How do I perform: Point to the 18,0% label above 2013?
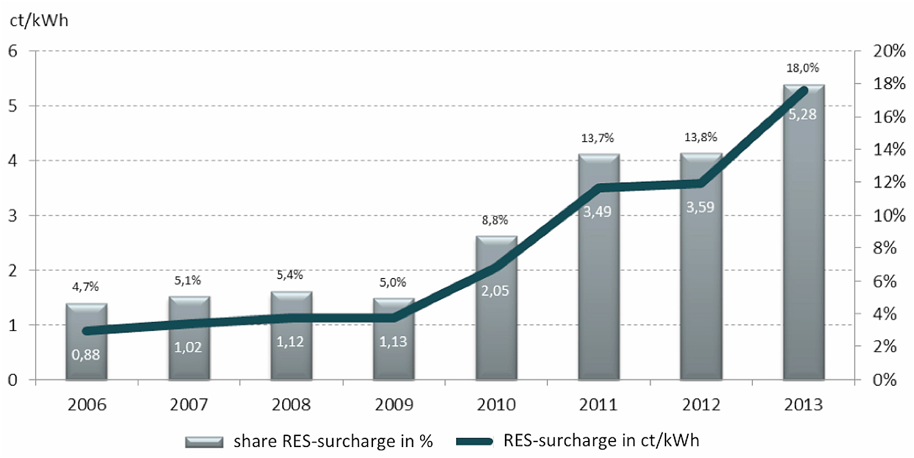click(802, 68)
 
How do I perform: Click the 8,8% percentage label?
click(494, 220)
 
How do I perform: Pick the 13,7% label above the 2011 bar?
click(597, 138)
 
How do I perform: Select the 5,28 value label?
click(802, 114)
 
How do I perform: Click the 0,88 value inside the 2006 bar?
click(86, 355)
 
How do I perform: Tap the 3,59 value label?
click(700, 207)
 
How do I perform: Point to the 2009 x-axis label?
click(394, 405)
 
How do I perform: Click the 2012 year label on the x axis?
click(701, 405)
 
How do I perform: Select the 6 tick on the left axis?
click(13, 51)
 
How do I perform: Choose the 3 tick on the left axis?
click(13, 216)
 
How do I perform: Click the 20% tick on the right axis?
click(889, 51)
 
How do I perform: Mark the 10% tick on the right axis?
click(889, 216)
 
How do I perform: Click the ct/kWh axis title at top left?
click(39, 20)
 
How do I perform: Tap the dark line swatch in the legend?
click(475, 441)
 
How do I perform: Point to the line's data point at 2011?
click(599, 188)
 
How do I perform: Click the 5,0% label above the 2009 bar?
click(393, 282)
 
